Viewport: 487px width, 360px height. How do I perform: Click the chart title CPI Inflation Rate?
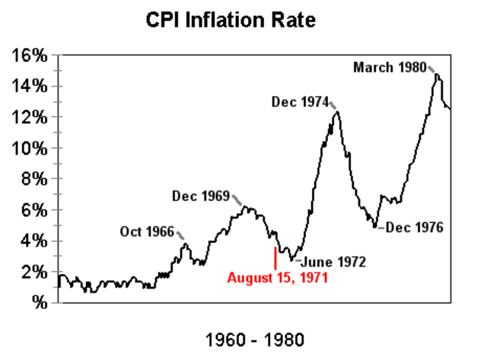241,20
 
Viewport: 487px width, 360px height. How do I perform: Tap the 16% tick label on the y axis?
30,56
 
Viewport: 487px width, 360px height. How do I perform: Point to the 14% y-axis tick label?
30,87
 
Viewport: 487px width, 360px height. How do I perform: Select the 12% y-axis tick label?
30,117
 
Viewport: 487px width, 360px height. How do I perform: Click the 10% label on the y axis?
30,148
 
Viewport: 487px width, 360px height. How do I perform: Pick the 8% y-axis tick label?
34,180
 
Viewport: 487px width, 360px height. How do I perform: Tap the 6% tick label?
34,210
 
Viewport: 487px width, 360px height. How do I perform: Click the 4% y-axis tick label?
34,241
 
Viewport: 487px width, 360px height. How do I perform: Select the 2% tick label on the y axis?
34,272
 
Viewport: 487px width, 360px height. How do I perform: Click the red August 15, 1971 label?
277,278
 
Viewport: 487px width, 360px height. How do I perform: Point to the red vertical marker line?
275,257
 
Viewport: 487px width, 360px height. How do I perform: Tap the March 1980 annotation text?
389,68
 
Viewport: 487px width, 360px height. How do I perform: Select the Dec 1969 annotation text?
200,196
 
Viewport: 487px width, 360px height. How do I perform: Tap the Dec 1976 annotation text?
415,227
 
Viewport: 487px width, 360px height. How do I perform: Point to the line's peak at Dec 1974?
336,113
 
